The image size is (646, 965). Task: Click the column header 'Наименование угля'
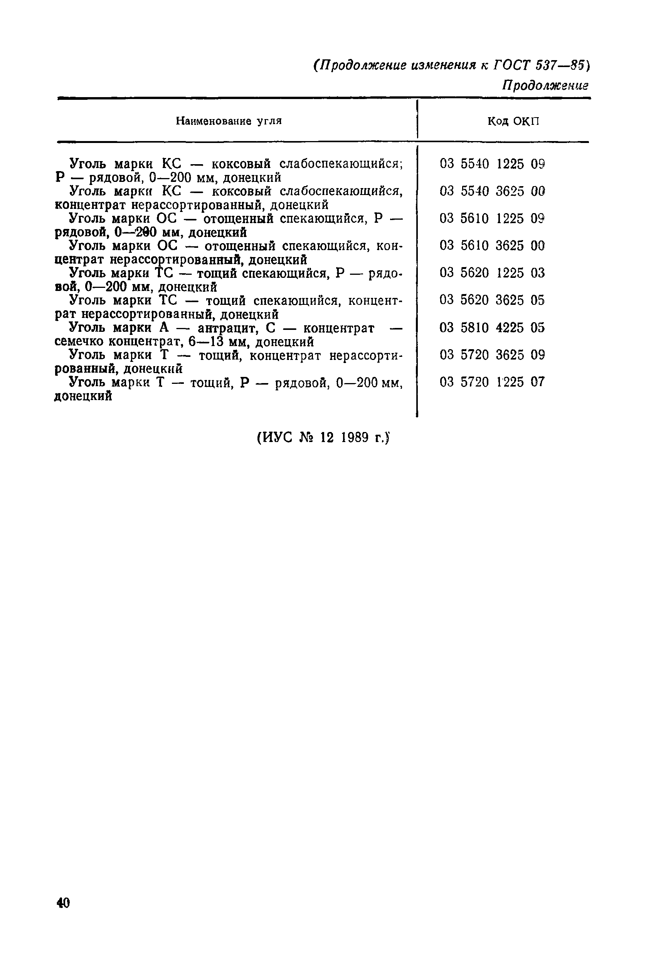(x=229, y=121)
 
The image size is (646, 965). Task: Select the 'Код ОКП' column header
(x=513, y=121)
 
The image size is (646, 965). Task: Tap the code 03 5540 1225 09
(x=492, y=164)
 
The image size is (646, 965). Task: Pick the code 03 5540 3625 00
(x=492, y=191)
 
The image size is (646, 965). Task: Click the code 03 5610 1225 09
(x=492, y=218)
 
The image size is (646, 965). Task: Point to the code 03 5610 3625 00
(x=492, y=245)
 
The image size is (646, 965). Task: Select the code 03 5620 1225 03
(x=492, y=272)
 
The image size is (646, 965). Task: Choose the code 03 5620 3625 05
(x=492, y=300)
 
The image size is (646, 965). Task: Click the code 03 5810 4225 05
(x=492, y=328)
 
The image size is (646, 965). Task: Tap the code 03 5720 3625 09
(x=492, y=355)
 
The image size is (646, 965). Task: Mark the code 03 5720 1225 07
(x=492, y=382)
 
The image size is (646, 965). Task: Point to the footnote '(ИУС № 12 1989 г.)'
(x=323, y=437)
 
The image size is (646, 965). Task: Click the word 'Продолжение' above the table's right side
(x=545, y=85)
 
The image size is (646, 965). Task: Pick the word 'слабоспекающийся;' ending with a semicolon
(x=341, y=164)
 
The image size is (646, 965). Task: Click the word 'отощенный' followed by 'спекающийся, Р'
(x=239, y=218)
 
